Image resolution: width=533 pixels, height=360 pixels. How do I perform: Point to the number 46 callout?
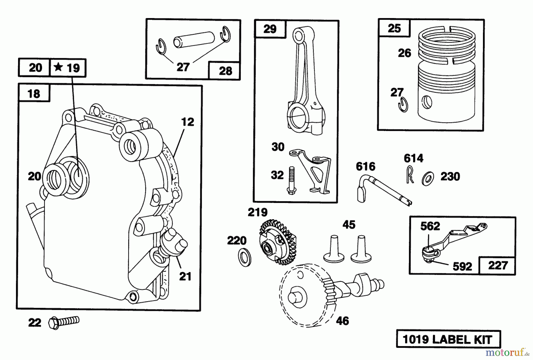[x=342, y=321]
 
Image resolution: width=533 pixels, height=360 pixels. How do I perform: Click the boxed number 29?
[x=270, y=29]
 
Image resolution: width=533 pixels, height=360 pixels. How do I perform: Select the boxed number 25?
[x=394, y=28]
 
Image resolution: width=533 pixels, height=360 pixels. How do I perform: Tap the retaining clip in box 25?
[x=403, y=105]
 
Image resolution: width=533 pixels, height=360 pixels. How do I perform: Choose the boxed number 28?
[x=225, y=71]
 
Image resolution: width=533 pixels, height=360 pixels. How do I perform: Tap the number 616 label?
[x=366, y=166]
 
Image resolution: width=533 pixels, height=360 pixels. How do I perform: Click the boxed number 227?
[x=498, y=265]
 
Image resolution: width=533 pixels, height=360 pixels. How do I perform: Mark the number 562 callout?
[x=430, y=226]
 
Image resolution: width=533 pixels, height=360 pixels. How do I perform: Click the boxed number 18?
[x=33, y=94]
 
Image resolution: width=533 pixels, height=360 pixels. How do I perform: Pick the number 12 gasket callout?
[x=187, y=122]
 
